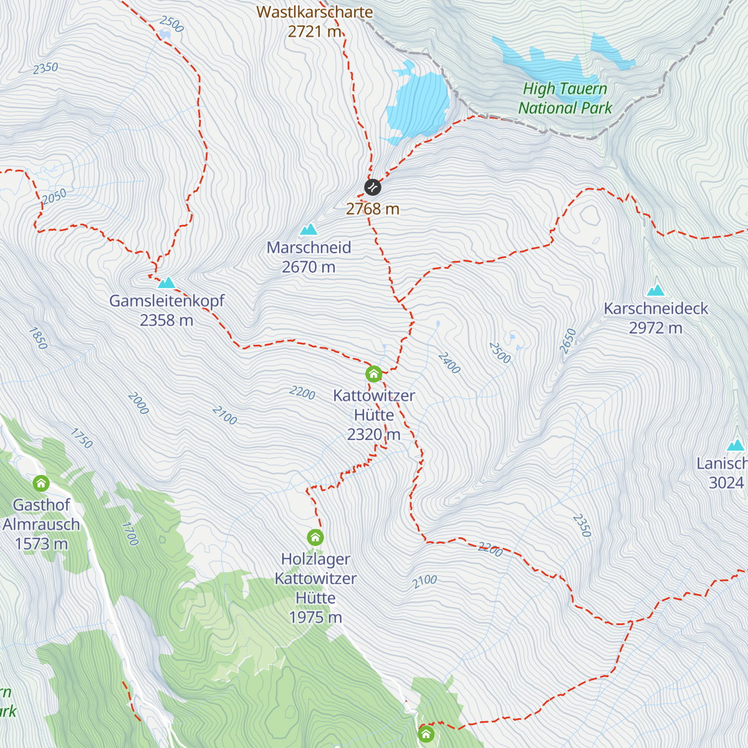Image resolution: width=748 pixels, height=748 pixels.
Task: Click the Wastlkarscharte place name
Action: (314, 12)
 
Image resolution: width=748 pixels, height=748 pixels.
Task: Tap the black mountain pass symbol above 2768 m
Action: (372, 186)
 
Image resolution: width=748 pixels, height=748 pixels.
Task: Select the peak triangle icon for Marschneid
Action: (309, 230)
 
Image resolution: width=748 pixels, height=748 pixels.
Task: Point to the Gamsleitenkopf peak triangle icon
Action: (166, 283)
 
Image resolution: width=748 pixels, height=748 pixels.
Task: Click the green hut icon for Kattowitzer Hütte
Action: (373, 374)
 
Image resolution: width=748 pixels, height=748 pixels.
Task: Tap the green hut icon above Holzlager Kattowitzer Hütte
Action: (315, 537)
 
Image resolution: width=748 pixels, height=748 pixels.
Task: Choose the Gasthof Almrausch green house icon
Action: (41, 483)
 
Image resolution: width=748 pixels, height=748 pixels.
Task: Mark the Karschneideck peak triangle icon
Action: (656, 290)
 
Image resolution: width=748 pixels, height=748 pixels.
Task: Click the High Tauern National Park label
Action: (565, 98)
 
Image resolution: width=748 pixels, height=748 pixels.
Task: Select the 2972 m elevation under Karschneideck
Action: (656, 328)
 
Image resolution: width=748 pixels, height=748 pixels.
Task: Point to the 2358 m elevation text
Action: (166, 320)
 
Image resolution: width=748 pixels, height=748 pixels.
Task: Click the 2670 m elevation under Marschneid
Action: (309, 267)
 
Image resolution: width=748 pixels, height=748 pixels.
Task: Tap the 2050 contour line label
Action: (54, 196)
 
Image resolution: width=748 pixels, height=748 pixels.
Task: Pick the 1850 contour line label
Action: (38, 338)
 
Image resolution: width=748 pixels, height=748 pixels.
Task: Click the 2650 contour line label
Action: (568, 342)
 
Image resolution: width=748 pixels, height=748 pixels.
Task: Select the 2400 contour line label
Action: (449, 363)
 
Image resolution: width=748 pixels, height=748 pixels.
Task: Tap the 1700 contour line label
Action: (129, 534)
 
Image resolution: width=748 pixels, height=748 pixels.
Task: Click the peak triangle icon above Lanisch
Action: (736, 445)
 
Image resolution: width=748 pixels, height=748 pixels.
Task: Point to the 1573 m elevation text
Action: (41, 544)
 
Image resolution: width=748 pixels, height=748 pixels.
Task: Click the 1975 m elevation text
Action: (315, 617)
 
